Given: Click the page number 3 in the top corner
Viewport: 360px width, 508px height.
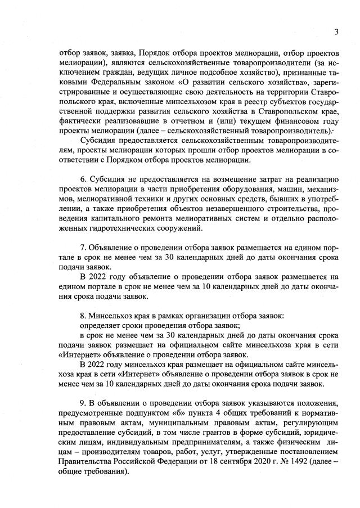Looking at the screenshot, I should pos(336,32).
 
